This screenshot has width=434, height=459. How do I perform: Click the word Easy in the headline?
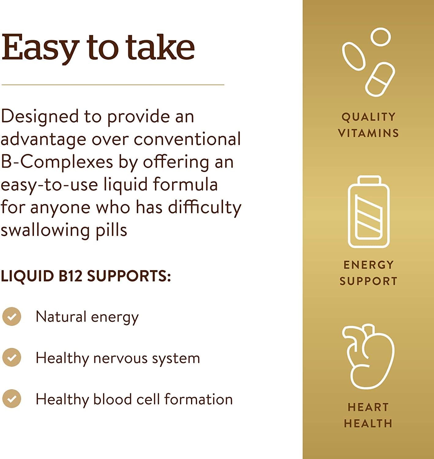(40, 48)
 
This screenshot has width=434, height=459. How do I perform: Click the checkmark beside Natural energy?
(12, 316)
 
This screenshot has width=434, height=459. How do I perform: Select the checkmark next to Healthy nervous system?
(12, 357)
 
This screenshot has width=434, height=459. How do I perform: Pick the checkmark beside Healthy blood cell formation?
(12, 399)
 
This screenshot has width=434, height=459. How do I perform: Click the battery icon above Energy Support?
(369, 212)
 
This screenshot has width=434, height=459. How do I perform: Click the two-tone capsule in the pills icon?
(380, 79)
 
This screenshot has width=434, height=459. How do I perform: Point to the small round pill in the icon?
(380, 37)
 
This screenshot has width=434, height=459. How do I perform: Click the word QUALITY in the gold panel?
(369, 117)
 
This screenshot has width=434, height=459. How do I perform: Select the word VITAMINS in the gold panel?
(369, 133)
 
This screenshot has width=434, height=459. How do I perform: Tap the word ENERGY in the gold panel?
(369, 265)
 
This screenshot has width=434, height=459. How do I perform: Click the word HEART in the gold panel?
(368, 407)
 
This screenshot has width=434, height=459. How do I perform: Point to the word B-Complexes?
(57, 162)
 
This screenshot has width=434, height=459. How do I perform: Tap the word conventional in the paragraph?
(187, 139)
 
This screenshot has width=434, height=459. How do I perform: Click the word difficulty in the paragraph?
(205, 207)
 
